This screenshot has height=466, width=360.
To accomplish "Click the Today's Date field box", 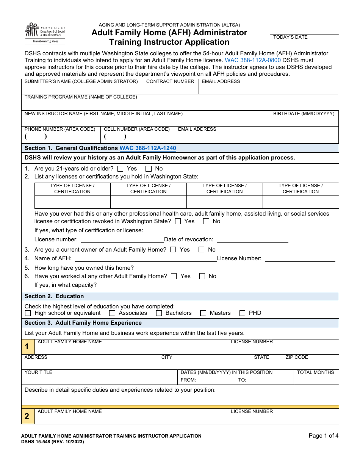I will point(305,41).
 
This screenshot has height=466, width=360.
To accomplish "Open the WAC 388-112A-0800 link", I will point(252,60).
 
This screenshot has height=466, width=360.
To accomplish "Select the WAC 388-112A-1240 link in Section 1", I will point(148,148).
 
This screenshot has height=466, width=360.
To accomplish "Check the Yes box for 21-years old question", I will point(121,169).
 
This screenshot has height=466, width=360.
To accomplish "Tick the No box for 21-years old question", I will point(149,169).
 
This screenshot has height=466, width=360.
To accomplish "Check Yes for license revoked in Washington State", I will point(178,221).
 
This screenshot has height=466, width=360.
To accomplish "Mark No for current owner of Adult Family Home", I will point(202,250).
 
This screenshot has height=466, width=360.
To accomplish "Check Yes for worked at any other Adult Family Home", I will point(174,276).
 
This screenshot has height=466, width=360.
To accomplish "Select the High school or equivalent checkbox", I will point(28,313).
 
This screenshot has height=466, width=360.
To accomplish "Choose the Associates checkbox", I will point(112,313).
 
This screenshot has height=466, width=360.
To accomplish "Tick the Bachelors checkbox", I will point(159,313).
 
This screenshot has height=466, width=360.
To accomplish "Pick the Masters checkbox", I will point(203,313).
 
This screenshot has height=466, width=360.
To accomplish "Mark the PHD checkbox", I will point(243,313).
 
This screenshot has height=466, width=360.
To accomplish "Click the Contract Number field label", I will point(170,81).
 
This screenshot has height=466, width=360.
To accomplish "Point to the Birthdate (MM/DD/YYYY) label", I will point(304,114).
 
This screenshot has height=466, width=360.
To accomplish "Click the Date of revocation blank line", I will point(252,239).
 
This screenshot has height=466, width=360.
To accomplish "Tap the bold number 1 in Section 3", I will point(27,347).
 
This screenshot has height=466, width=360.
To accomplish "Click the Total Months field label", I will point(315,372).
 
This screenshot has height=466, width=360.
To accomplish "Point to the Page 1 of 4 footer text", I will point(323,436).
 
